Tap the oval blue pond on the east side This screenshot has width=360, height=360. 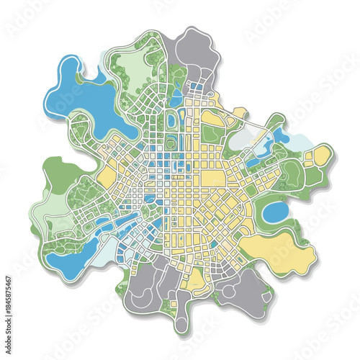tap(275, 212)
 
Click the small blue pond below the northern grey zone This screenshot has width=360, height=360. tap(177, 97)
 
